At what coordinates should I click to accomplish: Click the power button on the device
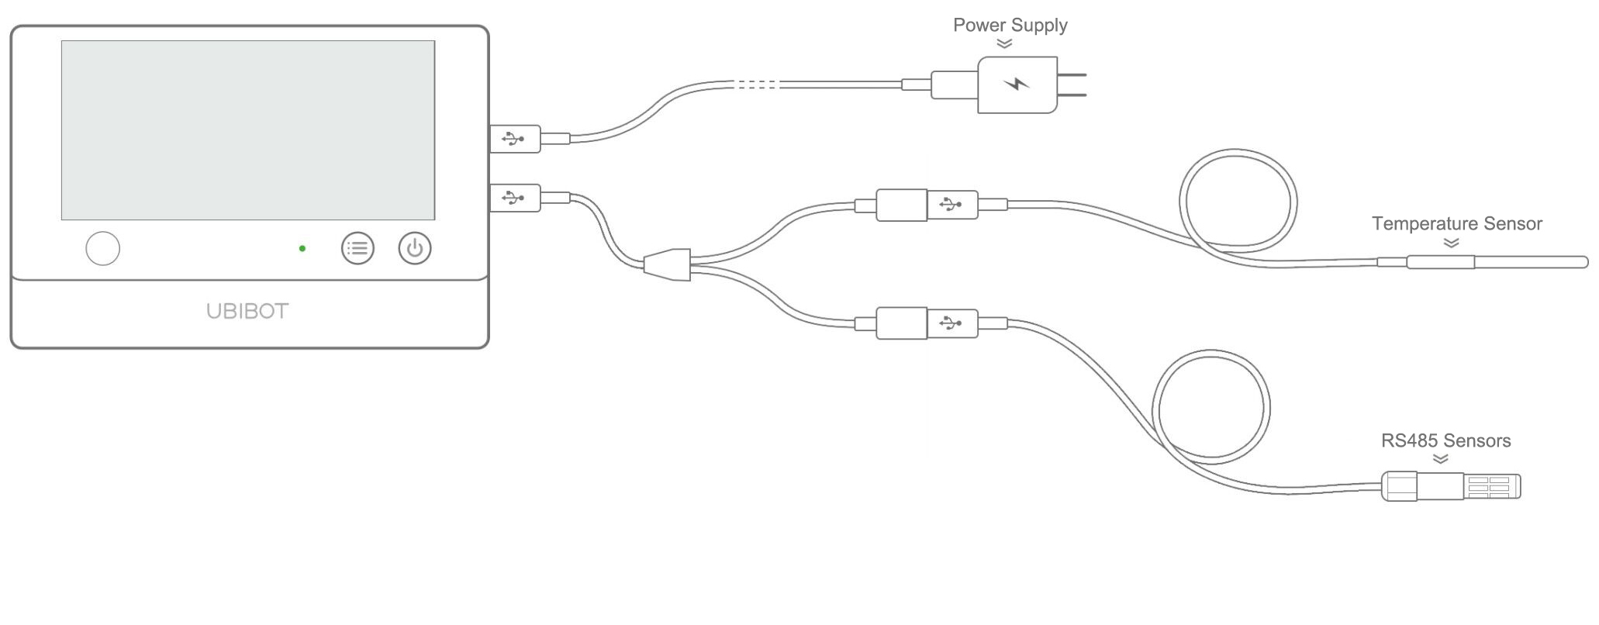tap(415, 248)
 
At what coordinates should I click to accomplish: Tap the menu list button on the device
tap(357, 248)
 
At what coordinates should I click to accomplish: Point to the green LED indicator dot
tap(302, 248)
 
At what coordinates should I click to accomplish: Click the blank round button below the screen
tap(102, 248)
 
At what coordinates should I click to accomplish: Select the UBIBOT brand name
tap(247, 312)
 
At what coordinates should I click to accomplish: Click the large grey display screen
tap(248, 130)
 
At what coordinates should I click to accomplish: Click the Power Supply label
tap(1010, 26)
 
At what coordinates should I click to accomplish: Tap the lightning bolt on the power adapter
tap(1017, 84)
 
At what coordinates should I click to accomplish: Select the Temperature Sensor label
tap(1456, 224)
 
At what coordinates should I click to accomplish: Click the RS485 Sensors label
tap(1445, 441)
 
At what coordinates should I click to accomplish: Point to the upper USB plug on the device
tap(515, 139)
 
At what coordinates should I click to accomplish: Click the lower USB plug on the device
tap(515, 198)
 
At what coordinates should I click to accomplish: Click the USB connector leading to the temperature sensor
tap(951, 205)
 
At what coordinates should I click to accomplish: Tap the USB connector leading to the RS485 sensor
tap(951, 323)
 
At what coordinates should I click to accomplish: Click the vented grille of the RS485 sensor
tap(1489, 487)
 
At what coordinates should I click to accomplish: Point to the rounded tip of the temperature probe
tap(1582, 263)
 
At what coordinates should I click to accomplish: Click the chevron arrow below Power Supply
tap(1004, 44)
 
